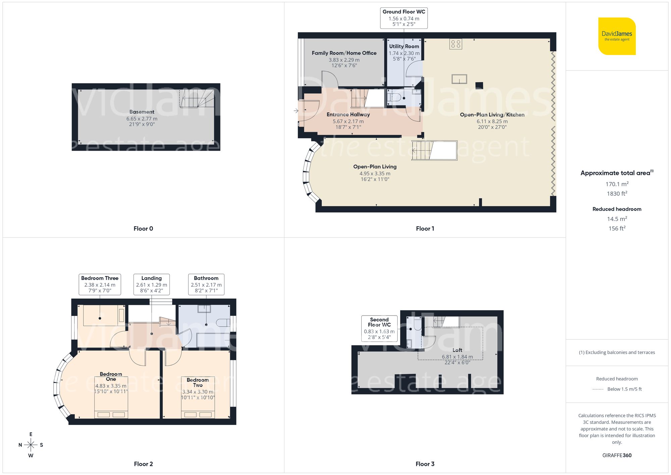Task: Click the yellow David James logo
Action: [617, 36]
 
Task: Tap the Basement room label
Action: [142, 112]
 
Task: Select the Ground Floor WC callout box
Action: [404, 18]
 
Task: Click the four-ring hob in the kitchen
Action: [456, 44]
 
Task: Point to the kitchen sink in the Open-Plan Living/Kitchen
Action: [459, 79]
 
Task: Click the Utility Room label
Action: [404, 46]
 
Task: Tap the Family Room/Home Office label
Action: [344, 53]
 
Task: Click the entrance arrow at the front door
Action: [296, 110]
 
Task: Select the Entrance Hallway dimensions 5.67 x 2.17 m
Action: [348, 121]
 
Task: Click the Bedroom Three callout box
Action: [100, 284]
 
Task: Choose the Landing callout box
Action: [151, 284]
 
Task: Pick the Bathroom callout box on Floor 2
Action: [206, 284]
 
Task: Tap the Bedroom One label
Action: [111, 376]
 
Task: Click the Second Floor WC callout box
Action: [379, 328]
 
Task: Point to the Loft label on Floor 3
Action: [457, 350]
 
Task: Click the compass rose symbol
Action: [31, 445]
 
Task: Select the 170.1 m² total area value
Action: [617, 184]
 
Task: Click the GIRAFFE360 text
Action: [617, 455]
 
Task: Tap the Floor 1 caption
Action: [425, 229]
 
